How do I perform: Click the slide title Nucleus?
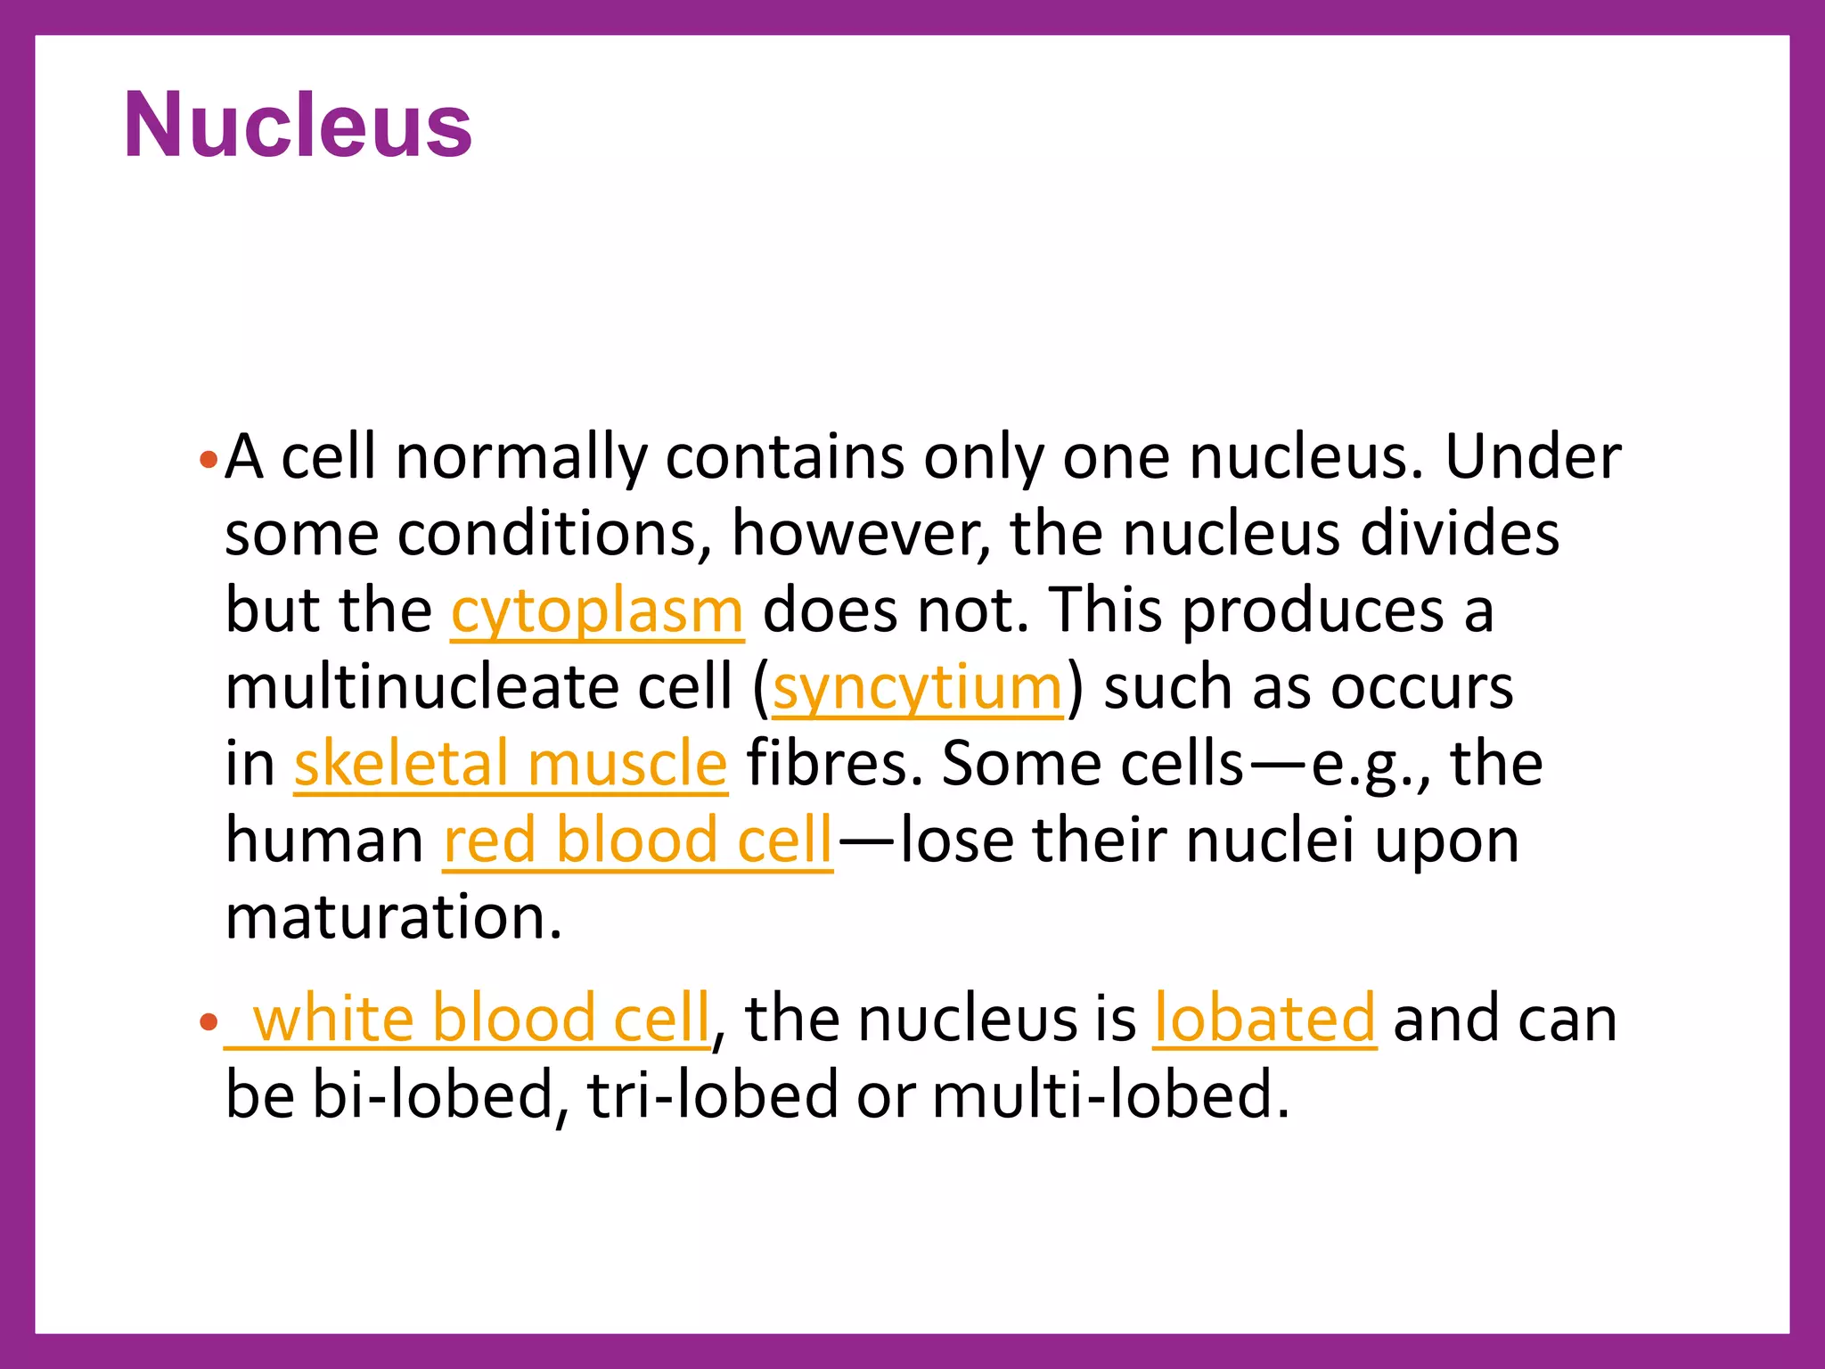tap(298, 126)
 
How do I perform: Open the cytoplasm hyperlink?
tap(596, 611)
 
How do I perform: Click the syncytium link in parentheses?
tap(918, 688)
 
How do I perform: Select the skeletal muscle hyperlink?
tap(511, 765)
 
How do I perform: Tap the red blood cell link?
tap(638, 841)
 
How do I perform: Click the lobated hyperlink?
tap(1264, 1019)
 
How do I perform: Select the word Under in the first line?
tap(1532, 458)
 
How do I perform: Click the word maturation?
tap(393, 918)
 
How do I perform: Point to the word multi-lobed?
tap(1110, 1095)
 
